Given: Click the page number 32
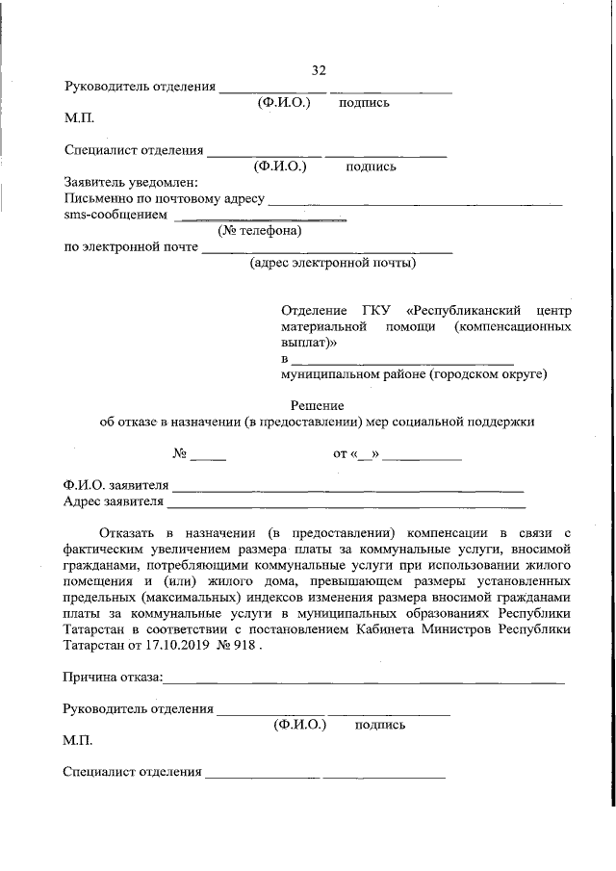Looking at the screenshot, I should [319, 70].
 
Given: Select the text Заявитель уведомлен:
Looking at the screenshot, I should [130, 182].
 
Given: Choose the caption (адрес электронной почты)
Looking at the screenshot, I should [332, 263].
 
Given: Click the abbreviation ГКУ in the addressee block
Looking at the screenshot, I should [375, 311].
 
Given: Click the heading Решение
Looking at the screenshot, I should [318, 405].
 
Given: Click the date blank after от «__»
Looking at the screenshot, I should [422, 456].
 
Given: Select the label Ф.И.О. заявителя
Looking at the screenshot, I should [115, 484].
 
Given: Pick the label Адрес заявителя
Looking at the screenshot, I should [114, 501].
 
